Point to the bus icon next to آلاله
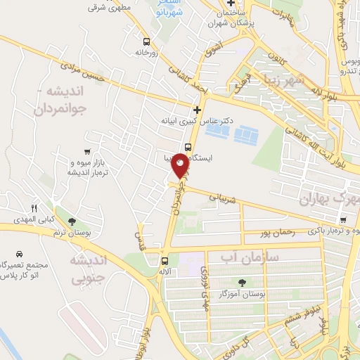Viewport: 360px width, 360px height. pos(165,259)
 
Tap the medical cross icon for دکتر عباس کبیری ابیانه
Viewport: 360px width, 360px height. pos(197,110)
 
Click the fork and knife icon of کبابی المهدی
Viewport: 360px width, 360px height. pos(34,208)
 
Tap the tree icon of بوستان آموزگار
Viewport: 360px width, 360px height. pos(243,282)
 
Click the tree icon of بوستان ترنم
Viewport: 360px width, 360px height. pos(72,221)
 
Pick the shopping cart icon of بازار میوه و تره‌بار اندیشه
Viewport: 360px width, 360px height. pos(86,151)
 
